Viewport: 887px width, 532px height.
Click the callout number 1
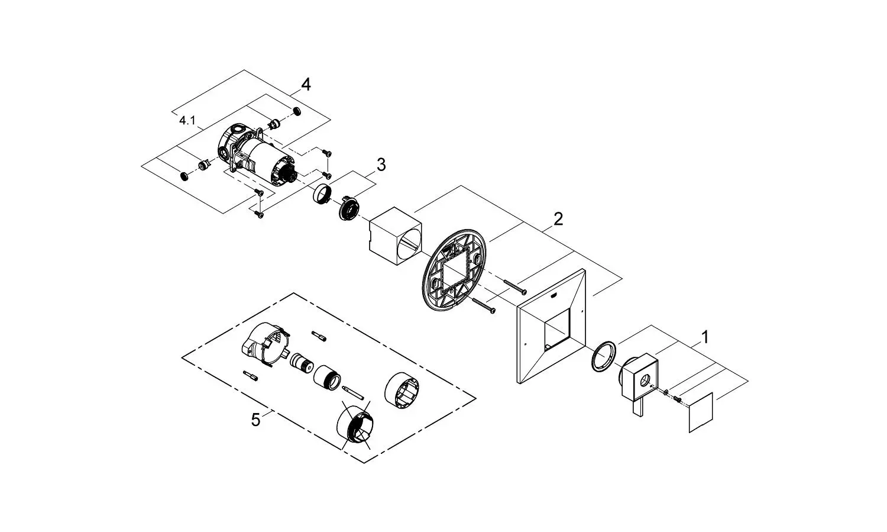coord(704,337)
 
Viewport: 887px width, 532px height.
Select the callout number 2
coord(558,219)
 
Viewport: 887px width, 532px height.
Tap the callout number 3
coord(381,165)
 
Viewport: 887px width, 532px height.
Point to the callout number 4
coord(305,85)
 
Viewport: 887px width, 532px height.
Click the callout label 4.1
coord(187,121)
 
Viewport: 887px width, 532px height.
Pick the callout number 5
coord(255,420)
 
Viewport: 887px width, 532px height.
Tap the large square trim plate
coord(552,331)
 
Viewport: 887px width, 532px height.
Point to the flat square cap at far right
coord(702,412)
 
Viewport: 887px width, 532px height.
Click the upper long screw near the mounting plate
coord(516,288)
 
